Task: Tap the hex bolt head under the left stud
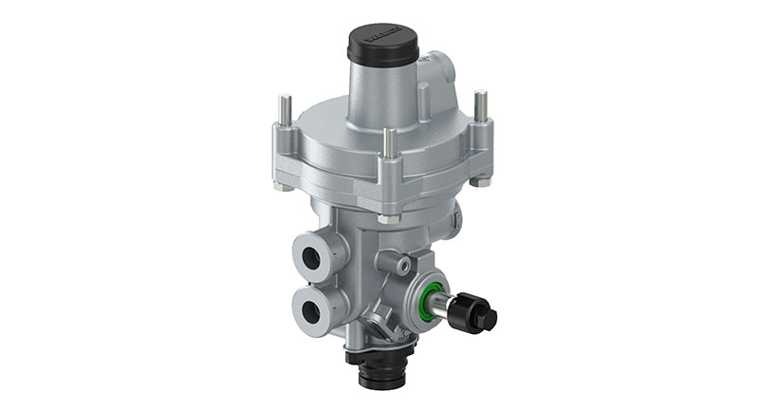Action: click(x=283, y=186)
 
